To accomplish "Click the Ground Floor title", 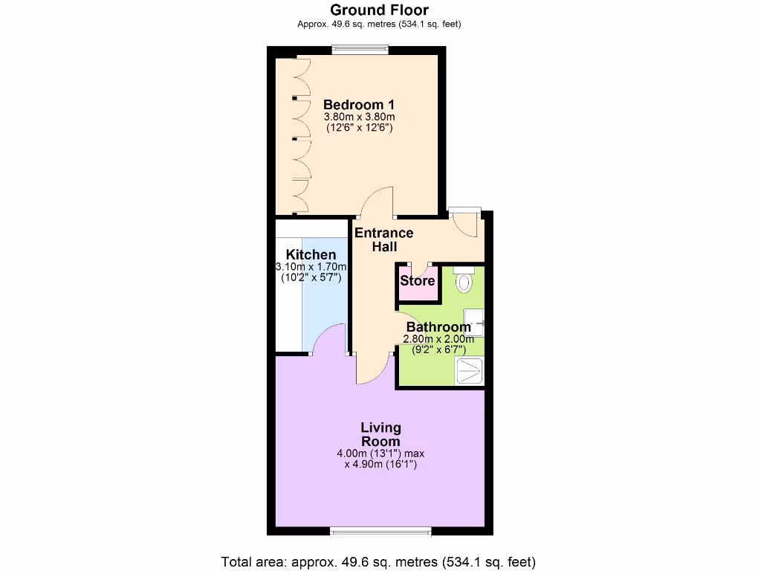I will coord(379,10).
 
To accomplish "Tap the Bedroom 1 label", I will coord(359,105).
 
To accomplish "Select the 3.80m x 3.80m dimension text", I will coord(359,117).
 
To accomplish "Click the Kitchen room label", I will coord(311,255).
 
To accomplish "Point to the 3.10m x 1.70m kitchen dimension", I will coord(311,266).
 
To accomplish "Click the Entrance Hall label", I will coord(384,239).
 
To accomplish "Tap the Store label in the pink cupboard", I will coord(418,281).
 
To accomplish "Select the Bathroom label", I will coord(438,327).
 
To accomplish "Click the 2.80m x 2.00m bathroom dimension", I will coord(438,339).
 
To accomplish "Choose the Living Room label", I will coord(380,434).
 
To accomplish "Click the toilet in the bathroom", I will coord(464,280).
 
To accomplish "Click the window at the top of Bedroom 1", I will coord(360,51).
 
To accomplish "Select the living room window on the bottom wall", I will coord(380,531).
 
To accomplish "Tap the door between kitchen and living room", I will coord(328,341).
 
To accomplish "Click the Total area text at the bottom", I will coord(379,561).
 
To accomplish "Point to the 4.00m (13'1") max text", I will coord(380,453).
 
